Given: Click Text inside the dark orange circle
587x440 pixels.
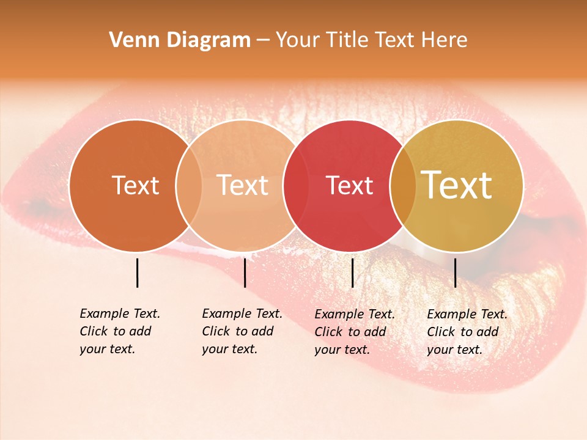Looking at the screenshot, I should (135, 185).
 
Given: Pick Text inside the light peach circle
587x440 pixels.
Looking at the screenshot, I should (243, 185).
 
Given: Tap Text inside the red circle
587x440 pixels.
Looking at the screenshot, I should (350, 186).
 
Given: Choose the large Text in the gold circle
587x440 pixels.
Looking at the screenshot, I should (457, 185).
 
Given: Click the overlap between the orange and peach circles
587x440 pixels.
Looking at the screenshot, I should (189, 185).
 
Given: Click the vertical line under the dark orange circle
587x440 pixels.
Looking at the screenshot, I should (137, 273).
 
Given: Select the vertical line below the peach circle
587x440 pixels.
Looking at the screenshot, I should (245, 273).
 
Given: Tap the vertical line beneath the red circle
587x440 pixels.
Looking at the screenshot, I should (352, 273).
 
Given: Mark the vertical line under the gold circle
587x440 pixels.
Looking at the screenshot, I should (455, 273).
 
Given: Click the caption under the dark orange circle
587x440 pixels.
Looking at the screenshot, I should (119, 331).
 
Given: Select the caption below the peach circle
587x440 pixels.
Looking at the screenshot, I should (242, 331).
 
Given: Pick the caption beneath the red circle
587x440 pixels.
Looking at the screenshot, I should (354, 332).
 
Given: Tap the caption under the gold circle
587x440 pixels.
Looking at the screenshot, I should (467, 332).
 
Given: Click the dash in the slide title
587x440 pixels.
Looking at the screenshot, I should (263, 40).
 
